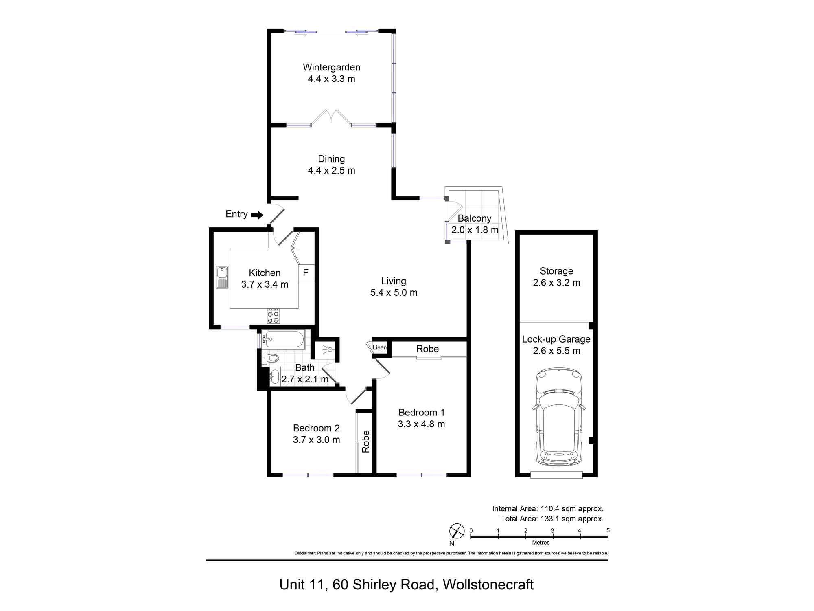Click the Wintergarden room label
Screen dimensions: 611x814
click(x=331, y=67)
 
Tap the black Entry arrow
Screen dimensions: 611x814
click(x=257, y=215)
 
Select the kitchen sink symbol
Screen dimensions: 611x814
click(x=222, y=277)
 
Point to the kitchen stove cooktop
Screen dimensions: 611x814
click(x=274, y=316)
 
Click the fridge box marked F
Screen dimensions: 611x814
click(x=306, y=273)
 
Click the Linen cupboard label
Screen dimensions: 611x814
click(x=380, y=347)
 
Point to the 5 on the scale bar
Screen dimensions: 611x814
click(x=608, y=530)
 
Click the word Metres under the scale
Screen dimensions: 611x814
click(x=541, y=543)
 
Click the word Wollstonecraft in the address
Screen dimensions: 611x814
click(x=488, y=585)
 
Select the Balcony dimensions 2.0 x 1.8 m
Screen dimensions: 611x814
click(x=475, y=230)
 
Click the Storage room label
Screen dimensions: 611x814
click(x=556, y=271)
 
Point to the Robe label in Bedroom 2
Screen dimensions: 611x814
click(x=366, y=442)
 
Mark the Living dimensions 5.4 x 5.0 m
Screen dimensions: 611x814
click(x=394, y=292)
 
